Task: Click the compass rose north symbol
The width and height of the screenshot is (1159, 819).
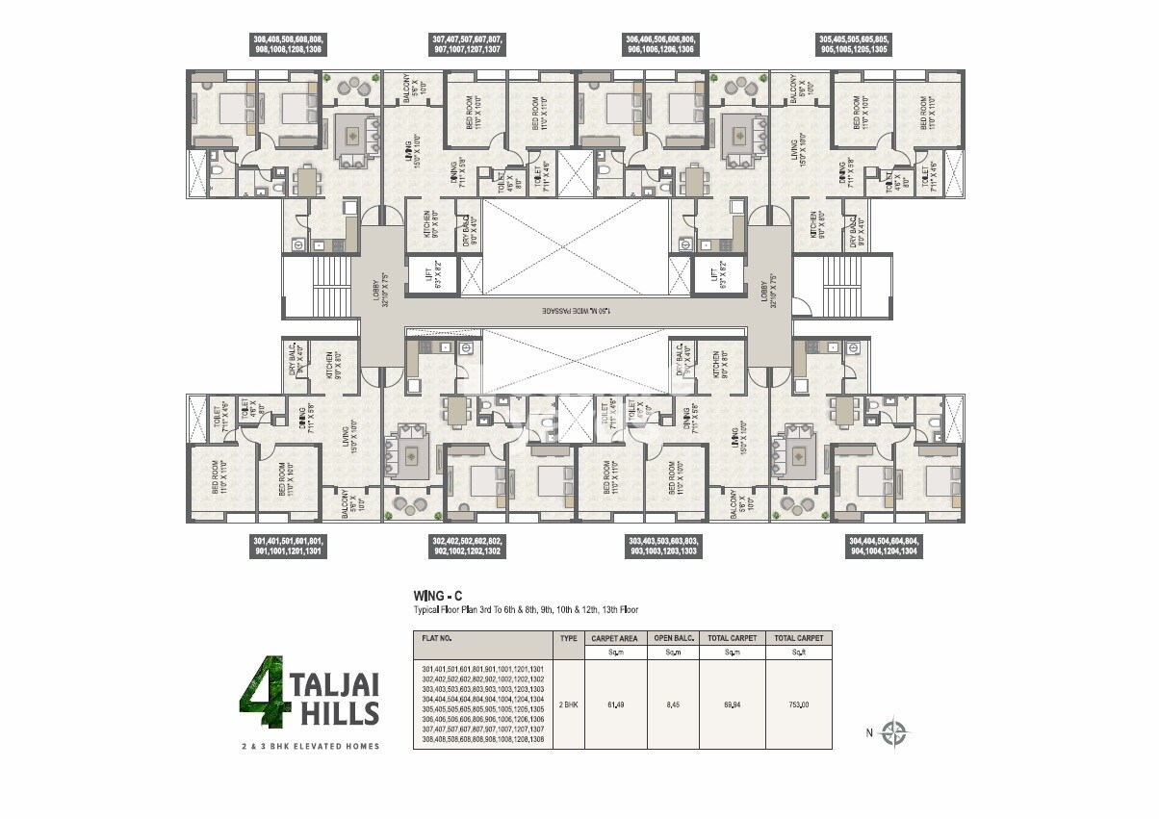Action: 894,732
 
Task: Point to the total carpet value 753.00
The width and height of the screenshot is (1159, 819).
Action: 798,704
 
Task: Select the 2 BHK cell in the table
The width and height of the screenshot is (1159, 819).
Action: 567,704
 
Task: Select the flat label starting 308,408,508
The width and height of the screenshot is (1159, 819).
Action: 288,43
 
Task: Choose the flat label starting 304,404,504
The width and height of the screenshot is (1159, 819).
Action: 883,547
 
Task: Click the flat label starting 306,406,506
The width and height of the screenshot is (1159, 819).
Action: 661,43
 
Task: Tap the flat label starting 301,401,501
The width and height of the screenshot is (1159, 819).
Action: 288,547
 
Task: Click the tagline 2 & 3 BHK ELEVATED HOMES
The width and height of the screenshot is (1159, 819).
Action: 310,746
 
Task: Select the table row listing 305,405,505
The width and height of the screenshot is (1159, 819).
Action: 483,708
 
